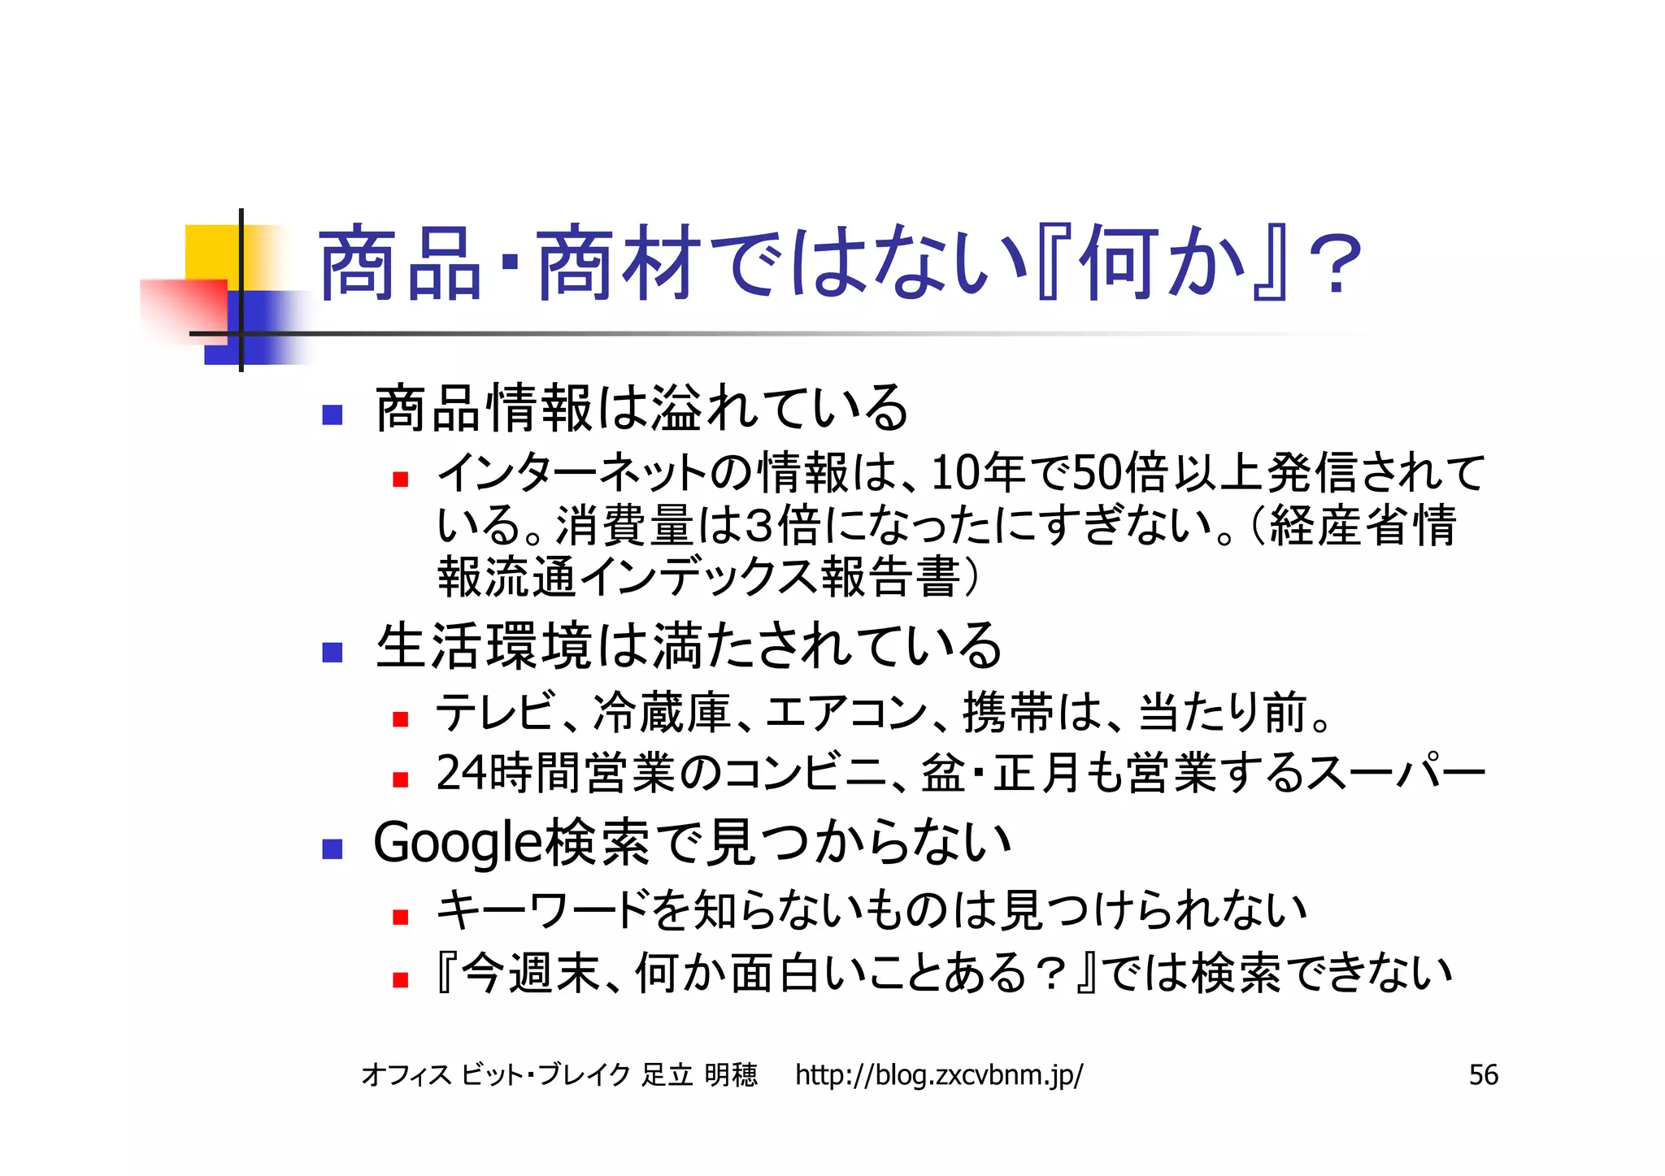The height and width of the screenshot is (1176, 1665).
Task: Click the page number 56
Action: click(1483, 1075)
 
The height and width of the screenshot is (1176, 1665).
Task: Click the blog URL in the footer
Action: click(938, 1075)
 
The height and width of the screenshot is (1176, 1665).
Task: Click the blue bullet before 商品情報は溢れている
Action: click(332, 415)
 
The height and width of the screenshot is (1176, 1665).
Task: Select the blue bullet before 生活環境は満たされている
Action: click(332, 652)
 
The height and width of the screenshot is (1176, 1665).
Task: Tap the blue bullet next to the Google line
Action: click(332, 849)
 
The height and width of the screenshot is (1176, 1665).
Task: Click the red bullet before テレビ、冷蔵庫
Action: click(399, 719)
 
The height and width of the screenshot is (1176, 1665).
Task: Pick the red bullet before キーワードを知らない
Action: click(399, 918)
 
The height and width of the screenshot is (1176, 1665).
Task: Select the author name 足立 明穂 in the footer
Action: click(699, 1075)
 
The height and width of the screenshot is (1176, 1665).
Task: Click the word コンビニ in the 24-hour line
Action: click(805, 773)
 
